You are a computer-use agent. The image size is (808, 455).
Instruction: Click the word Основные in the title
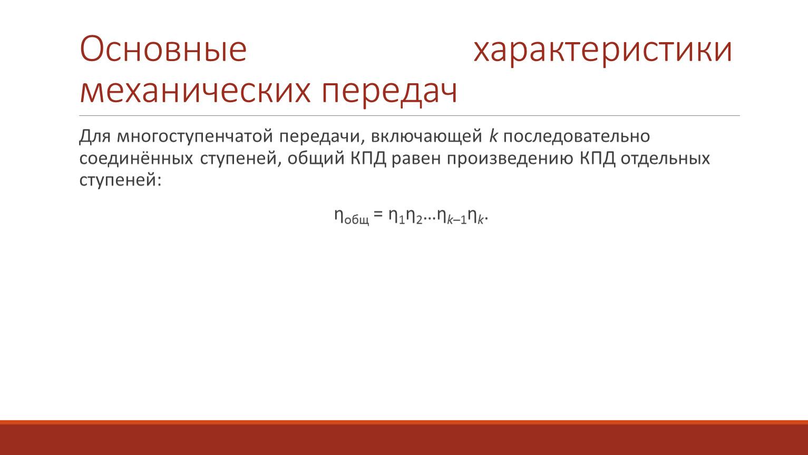pos(163,49)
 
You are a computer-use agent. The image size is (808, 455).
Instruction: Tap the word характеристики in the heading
pos(603,51)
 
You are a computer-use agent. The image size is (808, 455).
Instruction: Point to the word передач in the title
pos(390,93)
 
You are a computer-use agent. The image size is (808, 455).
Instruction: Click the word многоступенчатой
pos(195,136)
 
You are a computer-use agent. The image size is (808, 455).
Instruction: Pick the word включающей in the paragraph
pos(427,136)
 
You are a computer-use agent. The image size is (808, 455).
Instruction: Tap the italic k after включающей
pos(493,135)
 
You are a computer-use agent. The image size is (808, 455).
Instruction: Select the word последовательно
pos(577,136)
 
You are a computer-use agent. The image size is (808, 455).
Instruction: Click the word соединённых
pos(137,159)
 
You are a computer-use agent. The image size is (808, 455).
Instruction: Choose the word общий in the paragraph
pos(316,157)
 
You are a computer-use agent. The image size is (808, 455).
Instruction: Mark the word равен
pos(416,159)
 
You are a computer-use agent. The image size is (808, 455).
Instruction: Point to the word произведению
pos(510,159)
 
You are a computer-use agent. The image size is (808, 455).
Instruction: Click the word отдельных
pos(665,159)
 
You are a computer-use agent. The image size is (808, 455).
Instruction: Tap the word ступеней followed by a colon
pos(120,180)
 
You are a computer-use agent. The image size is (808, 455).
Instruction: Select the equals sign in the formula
pos(378,214)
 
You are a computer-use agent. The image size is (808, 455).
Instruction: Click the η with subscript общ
pos(352,217)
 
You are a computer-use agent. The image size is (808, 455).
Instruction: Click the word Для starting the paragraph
pos(95,136)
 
